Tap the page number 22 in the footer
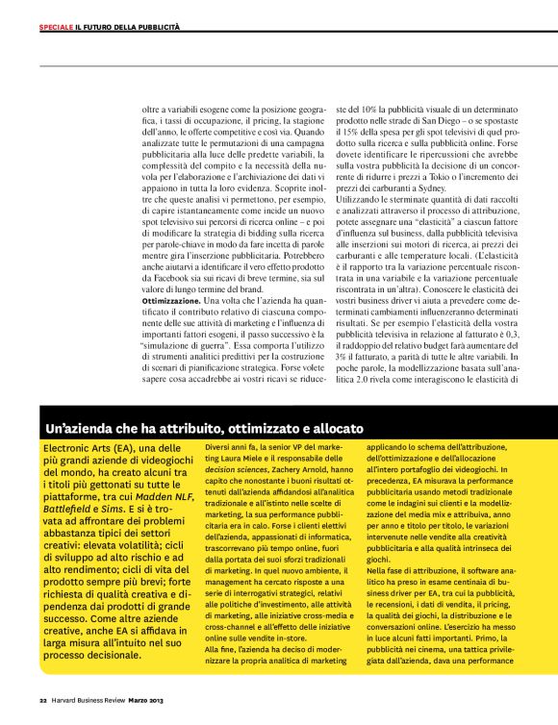(x=42, y=699)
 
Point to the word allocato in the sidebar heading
(x=332, y=426)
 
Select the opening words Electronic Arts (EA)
(x=87, y=448)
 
